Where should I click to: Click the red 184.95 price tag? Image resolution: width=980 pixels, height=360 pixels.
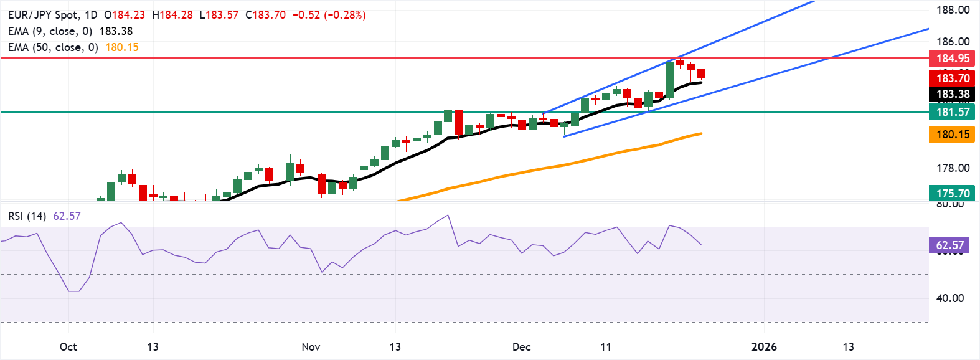[952, 59]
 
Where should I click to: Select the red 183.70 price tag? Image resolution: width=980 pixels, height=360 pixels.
[952, 78]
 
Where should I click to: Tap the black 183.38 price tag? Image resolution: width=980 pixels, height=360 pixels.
[952, 95]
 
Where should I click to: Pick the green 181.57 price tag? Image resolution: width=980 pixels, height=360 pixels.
[952, 112]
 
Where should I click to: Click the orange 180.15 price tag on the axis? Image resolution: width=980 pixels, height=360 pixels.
[952, 135]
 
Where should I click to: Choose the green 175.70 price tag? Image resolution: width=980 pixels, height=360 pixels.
[952, 194]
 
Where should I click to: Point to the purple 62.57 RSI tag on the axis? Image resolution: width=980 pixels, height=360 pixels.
[949, 245]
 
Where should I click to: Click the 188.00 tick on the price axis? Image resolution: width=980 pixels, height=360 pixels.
[953, 10]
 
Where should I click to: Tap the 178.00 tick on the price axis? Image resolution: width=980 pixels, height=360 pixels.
[953, 168]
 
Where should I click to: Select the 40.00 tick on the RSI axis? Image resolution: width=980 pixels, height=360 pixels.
[950, 298]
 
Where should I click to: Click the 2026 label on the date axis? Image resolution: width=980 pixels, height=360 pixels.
[764, 347]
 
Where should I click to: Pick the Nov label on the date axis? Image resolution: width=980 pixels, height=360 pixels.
[311, 347]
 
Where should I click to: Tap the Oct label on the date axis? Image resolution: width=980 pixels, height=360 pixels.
[68, 347]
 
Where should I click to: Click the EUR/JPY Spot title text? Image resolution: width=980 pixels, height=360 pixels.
[44, 15]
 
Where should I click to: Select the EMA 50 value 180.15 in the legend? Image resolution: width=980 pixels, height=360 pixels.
[122, 47]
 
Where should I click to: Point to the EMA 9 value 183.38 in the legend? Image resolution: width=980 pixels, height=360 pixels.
[116, 31]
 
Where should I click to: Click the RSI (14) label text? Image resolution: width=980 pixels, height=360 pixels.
[27, 216]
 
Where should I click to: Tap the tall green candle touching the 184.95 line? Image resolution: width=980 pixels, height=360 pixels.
[669, 80]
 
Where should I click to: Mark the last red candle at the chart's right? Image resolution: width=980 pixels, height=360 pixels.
[701, 73]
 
